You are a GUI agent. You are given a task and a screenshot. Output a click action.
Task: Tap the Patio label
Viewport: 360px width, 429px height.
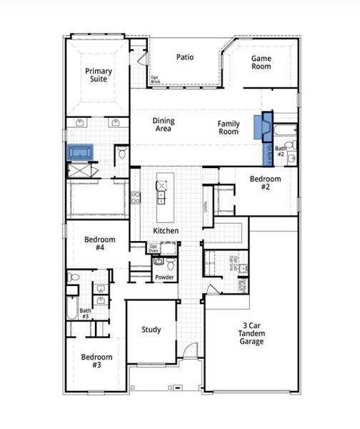[x=185, y=57]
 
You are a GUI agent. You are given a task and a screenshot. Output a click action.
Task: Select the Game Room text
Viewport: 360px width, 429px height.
[x=261, y=62]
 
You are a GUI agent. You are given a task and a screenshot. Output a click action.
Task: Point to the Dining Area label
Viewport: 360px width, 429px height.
[x=164, y=125]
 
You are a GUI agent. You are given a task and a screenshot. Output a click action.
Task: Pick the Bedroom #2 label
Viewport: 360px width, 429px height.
[x=265, y=182]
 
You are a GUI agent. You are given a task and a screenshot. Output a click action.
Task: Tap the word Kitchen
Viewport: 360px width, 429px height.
[x=166, y=231]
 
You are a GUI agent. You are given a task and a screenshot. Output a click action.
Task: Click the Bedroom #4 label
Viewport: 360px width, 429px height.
[x=95, y=243]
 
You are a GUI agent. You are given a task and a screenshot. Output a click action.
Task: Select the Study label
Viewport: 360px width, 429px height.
[x=151, y=330]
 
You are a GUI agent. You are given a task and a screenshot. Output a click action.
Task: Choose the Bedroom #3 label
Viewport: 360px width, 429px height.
[x=96, y=361]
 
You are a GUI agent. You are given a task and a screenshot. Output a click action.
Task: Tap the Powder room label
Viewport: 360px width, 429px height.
[x=165, y=277]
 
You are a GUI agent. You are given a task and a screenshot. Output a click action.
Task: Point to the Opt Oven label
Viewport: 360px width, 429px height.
[x=154, y=248]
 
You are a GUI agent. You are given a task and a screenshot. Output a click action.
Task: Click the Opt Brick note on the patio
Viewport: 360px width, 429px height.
[x=155, y=79]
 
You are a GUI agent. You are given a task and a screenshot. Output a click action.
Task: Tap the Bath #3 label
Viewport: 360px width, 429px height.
[x=85, y=313]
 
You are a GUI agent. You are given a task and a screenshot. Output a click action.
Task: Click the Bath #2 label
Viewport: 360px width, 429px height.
[x=281, y=152]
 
